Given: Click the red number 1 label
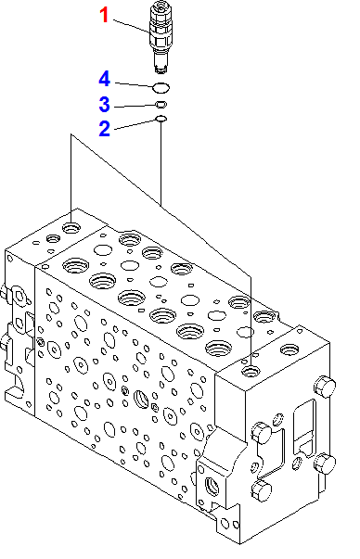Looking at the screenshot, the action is (x=104, y=16).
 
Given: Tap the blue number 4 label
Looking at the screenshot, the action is (x=104, y=79).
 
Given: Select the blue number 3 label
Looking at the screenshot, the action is (x=104, y=104).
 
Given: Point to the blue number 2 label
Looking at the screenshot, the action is (x=104, y=128).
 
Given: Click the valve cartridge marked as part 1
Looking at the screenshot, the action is (x=161, y=37).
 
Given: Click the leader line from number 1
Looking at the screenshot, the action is (x=132, y=26).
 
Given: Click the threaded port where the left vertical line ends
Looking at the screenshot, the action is (x=71, y=227).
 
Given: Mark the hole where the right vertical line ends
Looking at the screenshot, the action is (x=251, y=371).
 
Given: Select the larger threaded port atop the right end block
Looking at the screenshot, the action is (x=289, y=349).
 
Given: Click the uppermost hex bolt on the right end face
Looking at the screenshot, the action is (x=325, y=387).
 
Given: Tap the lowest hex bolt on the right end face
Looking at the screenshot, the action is (x=262, y=490).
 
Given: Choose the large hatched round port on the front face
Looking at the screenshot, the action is (x=141, y=399).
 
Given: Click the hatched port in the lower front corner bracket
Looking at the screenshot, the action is (x=212, y=488).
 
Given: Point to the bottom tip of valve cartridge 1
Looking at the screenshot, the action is (x=161, y=72).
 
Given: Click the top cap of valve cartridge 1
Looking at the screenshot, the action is (x=161, y=6).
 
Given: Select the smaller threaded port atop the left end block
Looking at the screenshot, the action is (x=53, y=238).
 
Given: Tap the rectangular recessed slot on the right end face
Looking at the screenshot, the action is (x=304, y=426).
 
